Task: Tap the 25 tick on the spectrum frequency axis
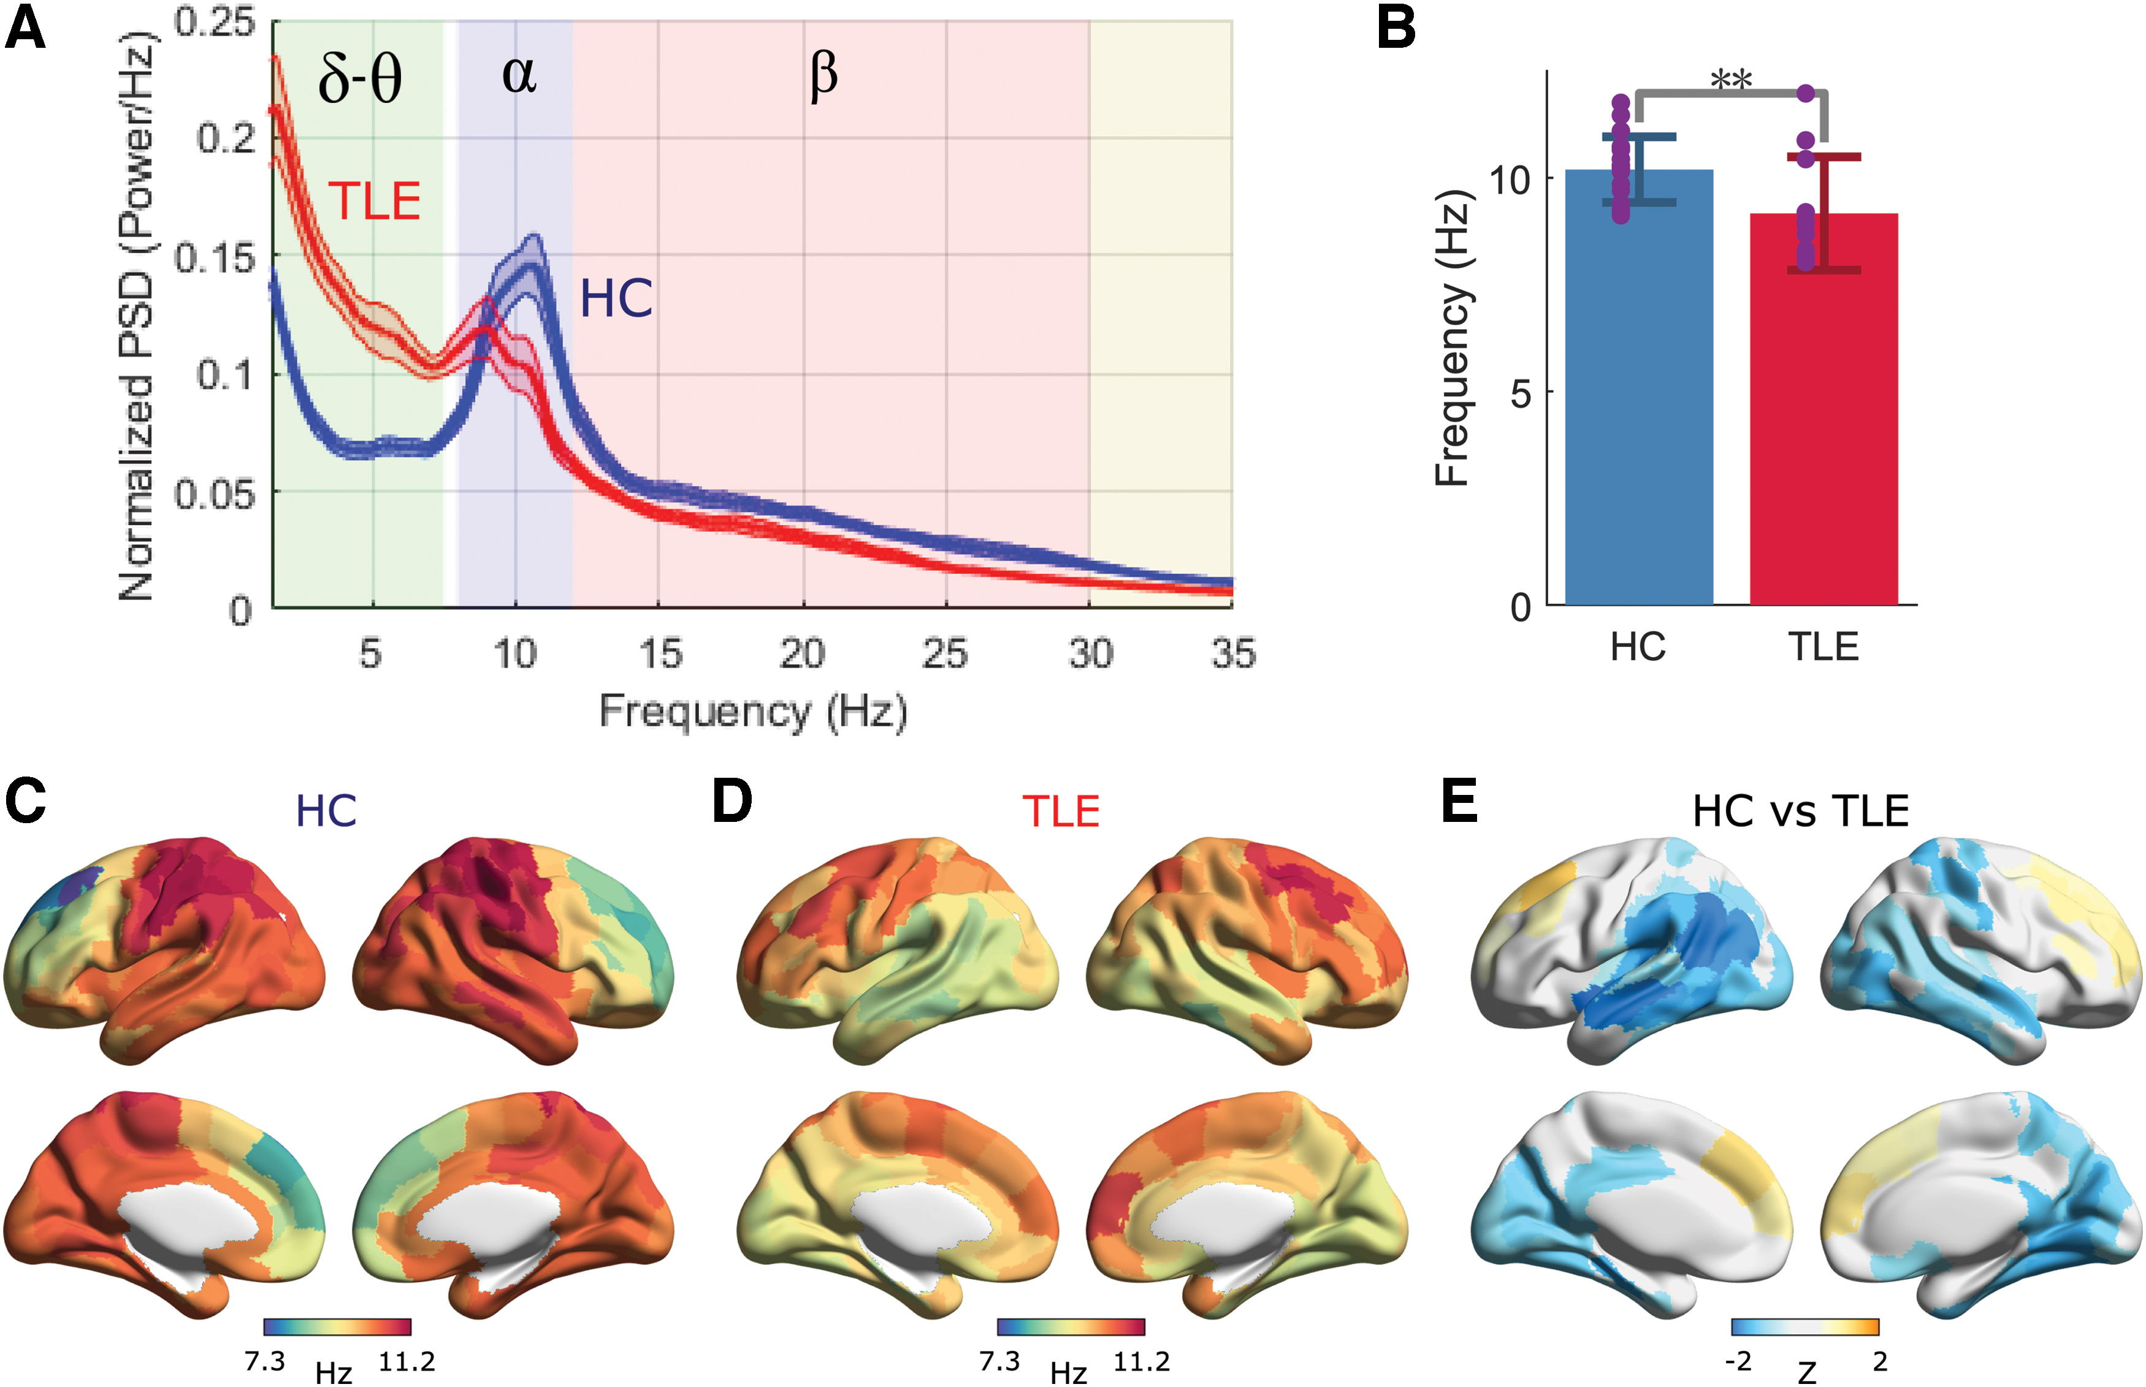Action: [945, 653]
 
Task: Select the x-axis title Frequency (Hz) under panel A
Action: [753, 712]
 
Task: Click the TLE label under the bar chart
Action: [1823, 647]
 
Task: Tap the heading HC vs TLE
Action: [1801, 811]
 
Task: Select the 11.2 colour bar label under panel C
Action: [407, 1361]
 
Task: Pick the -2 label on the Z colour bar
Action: [1738, 1361]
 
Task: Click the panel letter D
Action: [731, 800]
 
